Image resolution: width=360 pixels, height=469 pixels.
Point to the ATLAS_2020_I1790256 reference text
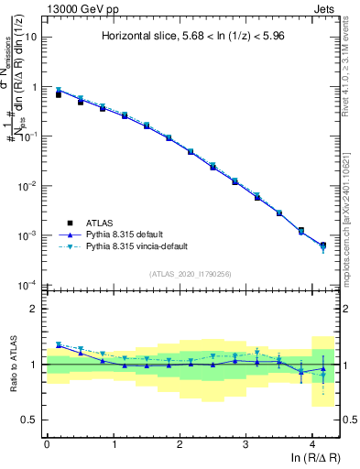coord(191,273)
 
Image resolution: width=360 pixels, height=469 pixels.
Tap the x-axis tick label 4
coord(312,444)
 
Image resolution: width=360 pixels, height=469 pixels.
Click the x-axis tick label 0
coord(47,444)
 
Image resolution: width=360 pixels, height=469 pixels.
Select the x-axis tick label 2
coord(180,444)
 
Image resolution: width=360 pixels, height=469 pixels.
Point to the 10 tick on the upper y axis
coord(31,38)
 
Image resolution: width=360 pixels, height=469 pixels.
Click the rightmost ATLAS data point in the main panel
coord(322,245)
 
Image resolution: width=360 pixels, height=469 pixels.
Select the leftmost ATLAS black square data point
coord(59,94)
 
